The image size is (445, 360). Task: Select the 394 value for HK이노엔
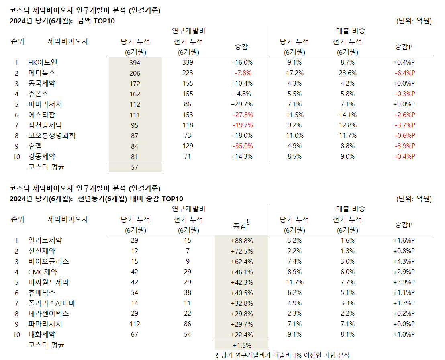[x=135, y=62]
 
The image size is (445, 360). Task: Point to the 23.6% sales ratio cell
[x=347, y=73]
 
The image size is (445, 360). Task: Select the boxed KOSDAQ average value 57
[x=135, y=167]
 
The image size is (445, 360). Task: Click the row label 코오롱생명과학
[x=52, y=135]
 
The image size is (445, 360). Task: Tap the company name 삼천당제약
[x=45, y=125]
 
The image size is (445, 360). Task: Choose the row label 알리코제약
[x=45, y=240]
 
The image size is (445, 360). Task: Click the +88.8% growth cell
[x=241, y=240]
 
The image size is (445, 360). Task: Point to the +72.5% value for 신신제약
[x=241, y=251]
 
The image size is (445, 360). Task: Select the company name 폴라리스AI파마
[x=52, y=303]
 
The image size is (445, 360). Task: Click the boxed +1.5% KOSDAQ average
[x=241, y=345]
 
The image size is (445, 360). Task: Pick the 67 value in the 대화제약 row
[x=135, y=334]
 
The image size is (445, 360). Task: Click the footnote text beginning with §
[x=283, y=355]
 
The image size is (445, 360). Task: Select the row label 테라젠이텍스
[x=49, y=313]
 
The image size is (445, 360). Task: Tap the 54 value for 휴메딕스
[x=135, y=292]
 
